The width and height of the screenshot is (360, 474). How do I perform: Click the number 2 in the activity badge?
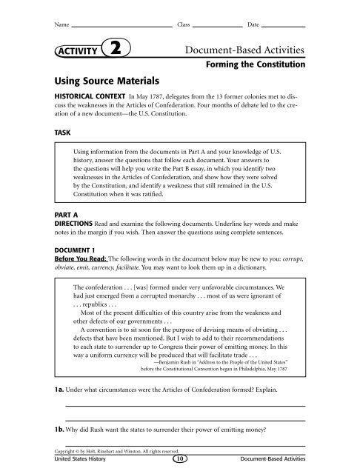(x=117, y=50)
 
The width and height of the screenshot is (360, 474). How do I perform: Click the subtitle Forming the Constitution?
(x=255, y=65)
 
